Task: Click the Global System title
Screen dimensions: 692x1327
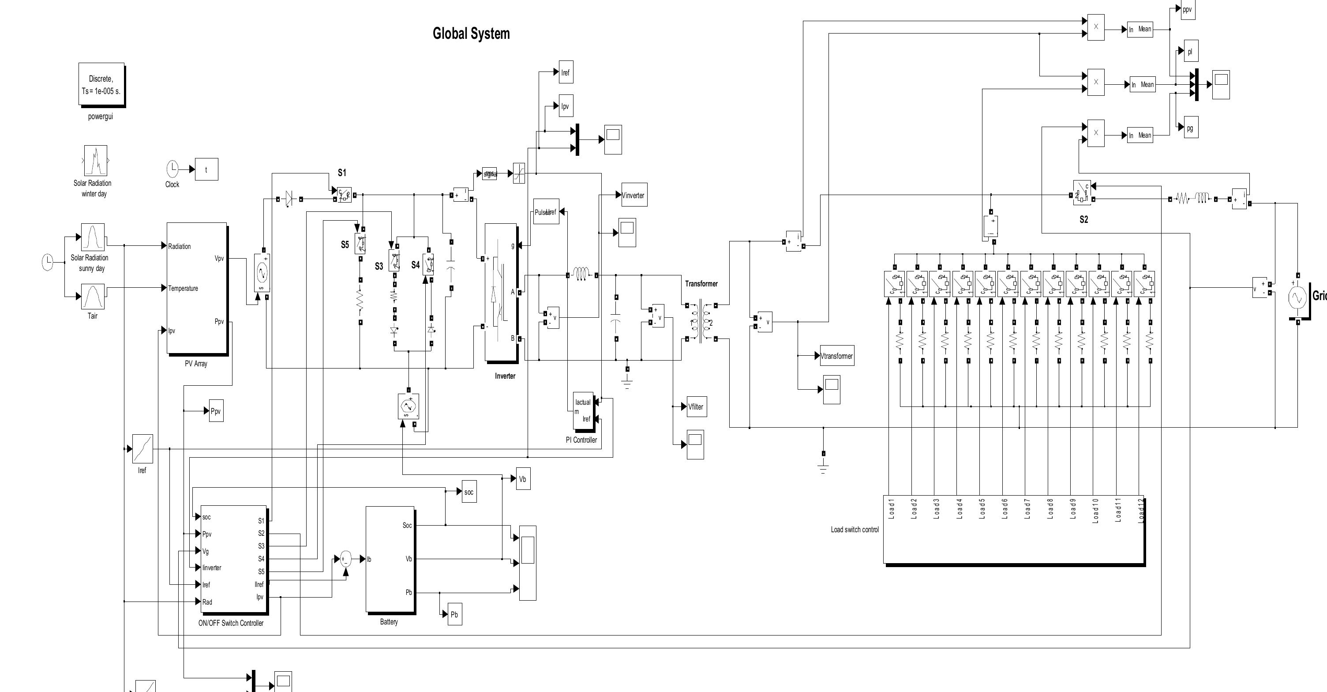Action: [471, 34]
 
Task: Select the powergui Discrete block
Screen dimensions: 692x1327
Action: [101, 84]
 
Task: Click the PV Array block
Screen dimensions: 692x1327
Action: [197, 288]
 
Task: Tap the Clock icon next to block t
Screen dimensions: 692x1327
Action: [172, 169]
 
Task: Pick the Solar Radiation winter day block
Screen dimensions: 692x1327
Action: [95, 161]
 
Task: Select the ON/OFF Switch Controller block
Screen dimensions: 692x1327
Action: [233, 559]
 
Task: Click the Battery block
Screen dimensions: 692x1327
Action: [390, 559]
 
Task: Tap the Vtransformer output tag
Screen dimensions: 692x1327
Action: [836, 356]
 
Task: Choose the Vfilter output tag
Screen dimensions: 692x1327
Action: [697, 406]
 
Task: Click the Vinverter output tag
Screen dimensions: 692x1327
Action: [634, 195]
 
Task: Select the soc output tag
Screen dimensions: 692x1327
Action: [469, 492]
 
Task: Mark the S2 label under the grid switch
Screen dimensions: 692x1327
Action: [1084, 219]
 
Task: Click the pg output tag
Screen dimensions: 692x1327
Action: [1190, 128]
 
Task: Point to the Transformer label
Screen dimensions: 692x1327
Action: [701, 283]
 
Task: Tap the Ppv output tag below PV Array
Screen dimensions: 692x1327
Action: [216, 411]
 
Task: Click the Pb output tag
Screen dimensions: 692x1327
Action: [454, 614]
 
